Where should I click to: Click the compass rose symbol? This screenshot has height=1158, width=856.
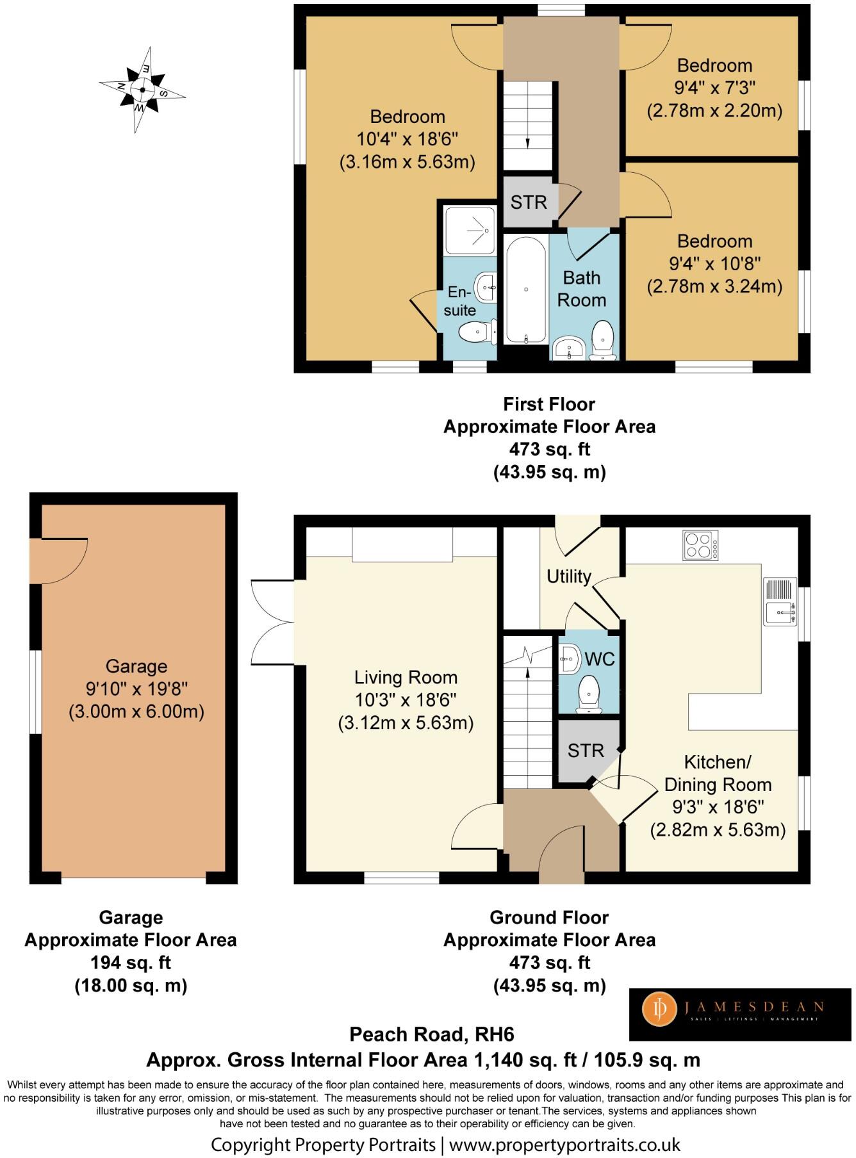142,90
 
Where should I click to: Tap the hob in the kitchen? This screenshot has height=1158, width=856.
700,546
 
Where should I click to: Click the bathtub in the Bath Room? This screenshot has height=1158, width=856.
526,289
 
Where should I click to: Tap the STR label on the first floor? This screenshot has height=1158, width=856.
529,202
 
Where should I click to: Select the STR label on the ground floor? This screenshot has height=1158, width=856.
586,751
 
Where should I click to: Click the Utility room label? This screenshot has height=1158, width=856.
568,576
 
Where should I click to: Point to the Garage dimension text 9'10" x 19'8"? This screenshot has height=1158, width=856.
136,689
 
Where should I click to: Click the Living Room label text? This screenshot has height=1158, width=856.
406,678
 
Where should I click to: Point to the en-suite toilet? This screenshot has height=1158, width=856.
475,332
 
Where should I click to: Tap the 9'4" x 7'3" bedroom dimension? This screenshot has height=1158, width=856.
714,88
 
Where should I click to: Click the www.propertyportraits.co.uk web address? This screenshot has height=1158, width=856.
564,1145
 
